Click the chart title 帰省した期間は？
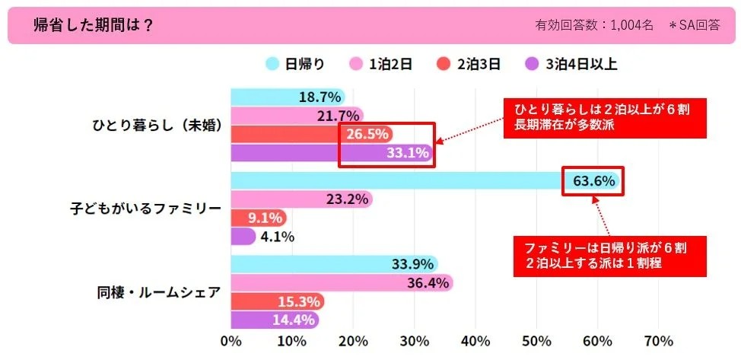tap(94, 24)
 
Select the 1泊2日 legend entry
tap(380, 65)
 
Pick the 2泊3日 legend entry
tap(469, 65)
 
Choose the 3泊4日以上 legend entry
tap(571, 65)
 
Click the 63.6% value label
tap(593, 181)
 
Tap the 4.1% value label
tap(277, 236)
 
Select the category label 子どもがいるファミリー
tap(145, 209)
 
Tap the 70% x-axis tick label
tap(659, 340)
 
